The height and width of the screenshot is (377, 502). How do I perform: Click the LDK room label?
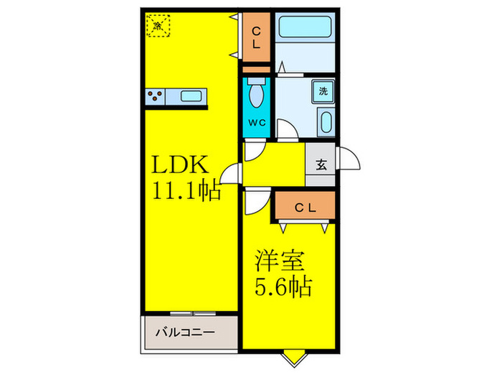coord(179,165)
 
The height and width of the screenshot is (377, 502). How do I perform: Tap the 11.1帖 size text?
coord(184,192)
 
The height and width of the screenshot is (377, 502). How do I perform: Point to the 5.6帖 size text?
coord(282,287)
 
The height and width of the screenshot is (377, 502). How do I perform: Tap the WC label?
coord(257,122)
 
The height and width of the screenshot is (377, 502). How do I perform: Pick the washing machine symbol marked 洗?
coord(323,91)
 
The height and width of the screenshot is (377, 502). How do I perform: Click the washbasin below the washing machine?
coord(325,121)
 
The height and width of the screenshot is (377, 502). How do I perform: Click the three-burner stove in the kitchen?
coord(155,96)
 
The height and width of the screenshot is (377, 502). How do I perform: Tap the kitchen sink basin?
coord(191,96)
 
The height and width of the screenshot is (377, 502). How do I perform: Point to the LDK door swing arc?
coord(232,174)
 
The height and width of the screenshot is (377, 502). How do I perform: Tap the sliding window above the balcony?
coord(192,313)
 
